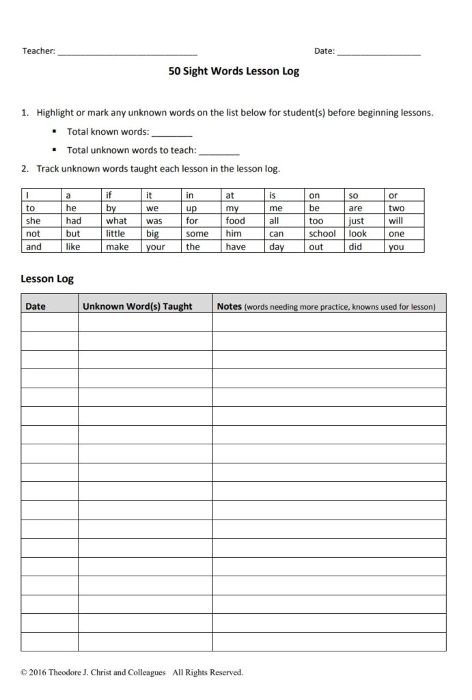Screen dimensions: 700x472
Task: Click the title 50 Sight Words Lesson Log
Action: click(234, 71)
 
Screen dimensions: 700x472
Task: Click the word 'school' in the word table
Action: click(322, 234)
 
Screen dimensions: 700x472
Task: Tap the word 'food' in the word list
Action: click(235, 221)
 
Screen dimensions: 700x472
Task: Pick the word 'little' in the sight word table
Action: click(115, 234)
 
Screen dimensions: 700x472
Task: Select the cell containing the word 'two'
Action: click(396, 208)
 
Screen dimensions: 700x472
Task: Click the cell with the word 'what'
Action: click(116, 221)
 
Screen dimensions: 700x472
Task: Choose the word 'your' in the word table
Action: click(156, 247)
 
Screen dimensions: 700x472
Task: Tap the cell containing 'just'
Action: click(356, 221)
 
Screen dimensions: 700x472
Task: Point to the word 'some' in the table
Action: click(197, 234)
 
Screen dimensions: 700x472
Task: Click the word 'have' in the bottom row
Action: click(236, 247)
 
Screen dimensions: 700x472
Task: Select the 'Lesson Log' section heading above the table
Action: click(47, 279)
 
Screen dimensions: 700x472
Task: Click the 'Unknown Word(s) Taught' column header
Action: click(137, 306)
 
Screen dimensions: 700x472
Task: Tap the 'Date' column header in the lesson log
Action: click(36, 306)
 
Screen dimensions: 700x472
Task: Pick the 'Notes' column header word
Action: click(229, 306)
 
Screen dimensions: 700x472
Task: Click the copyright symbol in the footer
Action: click(25, 673)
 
